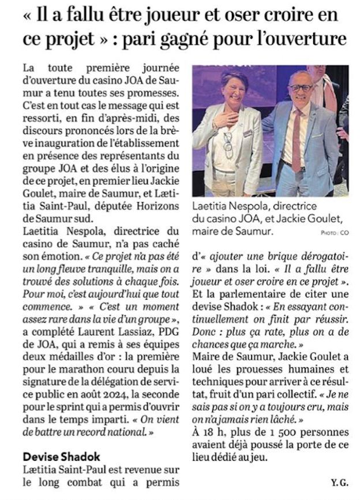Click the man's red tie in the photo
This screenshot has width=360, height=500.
tap(296, 138)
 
